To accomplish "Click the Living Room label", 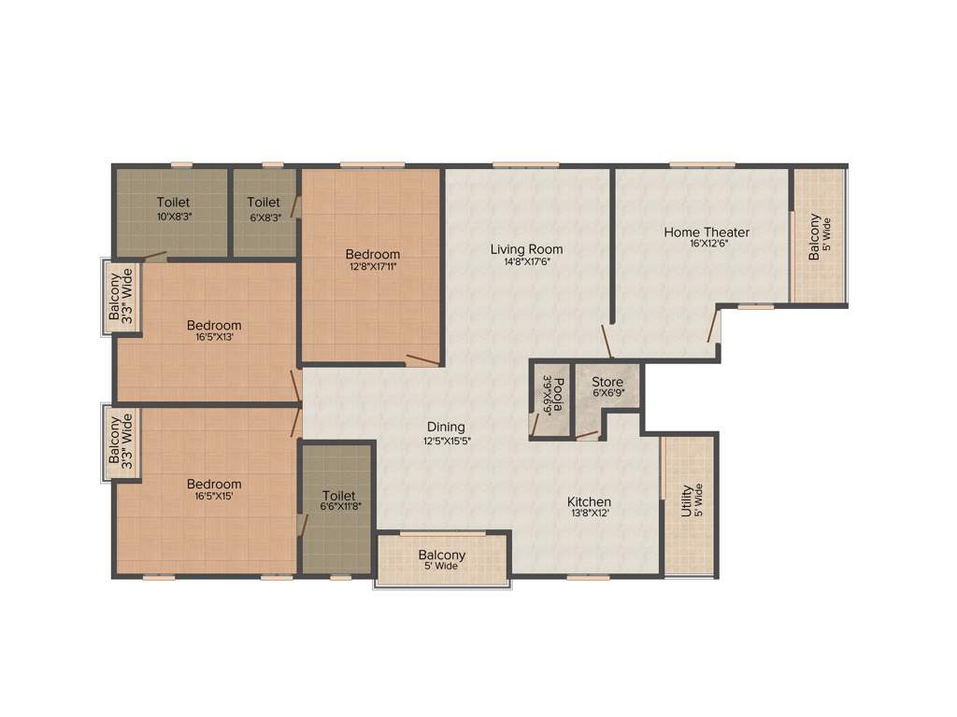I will [527, 249].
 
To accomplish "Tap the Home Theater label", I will [707, 232].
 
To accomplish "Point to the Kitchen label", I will [589, 502].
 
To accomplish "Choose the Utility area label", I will [687, 499].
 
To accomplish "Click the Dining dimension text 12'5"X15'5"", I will [446, 441].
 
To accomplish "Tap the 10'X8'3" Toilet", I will [173, 209].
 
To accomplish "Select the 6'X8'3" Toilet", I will [264, 209].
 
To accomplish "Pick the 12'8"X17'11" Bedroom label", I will [372, 254].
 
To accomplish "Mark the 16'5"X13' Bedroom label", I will [214, 326].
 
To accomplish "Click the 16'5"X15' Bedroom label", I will [214, 484].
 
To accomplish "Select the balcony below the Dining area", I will [442, 559].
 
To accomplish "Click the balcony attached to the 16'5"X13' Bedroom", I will [121, 295].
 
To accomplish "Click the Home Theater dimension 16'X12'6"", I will [707, 244].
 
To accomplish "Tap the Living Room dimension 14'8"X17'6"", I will [527, 261].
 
